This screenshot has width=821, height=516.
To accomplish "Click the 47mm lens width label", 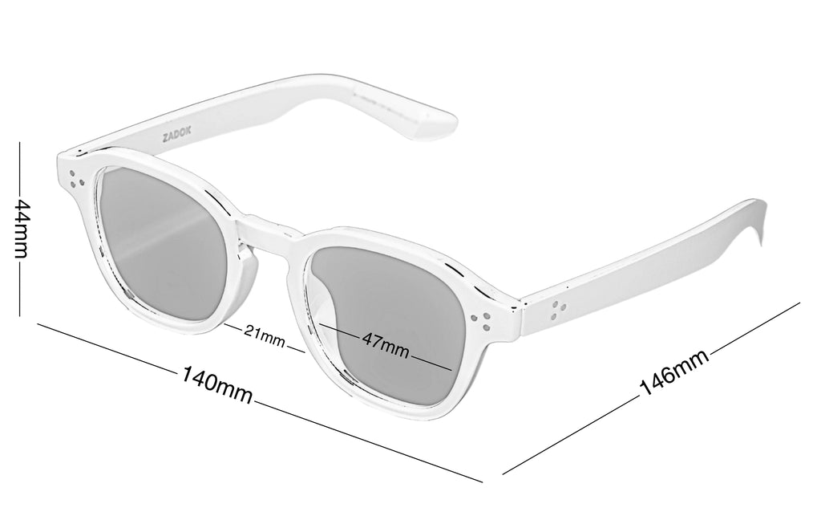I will click(x=385, y=344).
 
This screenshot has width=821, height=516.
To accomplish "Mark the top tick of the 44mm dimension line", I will click(x=22, y=143).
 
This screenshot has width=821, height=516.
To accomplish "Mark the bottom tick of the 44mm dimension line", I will click(x=22, y=315).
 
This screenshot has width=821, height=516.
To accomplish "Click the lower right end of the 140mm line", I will click(x=482, y=483).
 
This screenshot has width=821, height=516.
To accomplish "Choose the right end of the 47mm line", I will click(x=451, y=368).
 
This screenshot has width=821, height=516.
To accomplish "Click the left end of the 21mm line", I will click(x=226, y=325).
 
